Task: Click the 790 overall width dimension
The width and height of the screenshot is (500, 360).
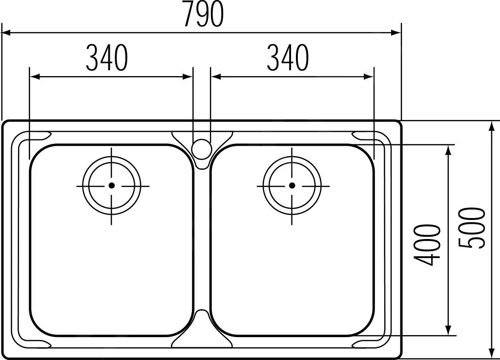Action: point(204,14)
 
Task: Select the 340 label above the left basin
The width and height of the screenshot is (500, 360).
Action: point(107,58)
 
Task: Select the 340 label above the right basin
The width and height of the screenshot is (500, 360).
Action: point(288,58)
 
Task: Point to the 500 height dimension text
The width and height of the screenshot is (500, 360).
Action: point(471,228)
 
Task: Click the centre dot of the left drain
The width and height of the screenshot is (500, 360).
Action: point(111,185)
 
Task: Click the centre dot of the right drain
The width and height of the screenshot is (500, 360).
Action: point(292,185)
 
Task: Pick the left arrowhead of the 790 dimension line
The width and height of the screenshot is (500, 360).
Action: point(6,33)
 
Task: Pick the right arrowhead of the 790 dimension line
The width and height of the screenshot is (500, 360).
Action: point(396,33)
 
